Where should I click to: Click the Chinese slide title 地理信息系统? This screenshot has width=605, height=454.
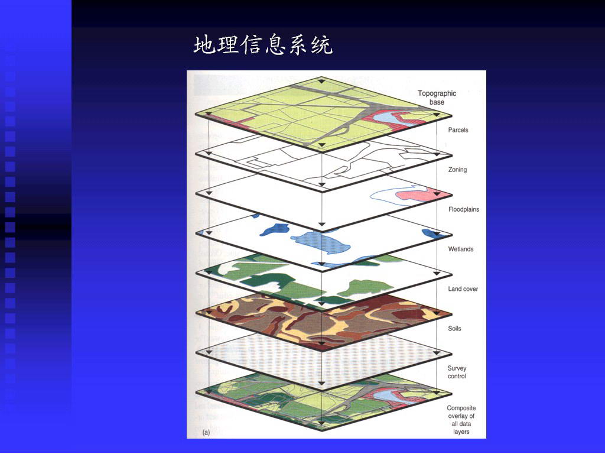(263, 45)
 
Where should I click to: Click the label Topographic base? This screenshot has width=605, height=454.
(437, 98)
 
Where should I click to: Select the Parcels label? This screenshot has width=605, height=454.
(458, 130)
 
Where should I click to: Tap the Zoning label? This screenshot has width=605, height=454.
(457, 170)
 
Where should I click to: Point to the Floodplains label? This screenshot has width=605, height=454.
(463, 209)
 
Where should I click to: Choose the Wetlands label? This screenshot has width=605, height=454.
(461, 249)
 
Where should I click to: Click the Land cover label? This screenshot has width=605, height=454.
(463, 288)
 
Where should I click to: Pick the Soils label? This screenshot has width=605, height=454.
(454, 329)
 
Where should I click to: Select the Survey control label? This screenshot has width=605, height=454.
(457, 372)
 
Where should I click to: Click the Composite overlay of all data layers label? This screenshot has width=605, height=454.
(461, 420)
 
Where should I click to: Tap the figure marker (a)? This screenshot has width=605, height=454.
(206, 432)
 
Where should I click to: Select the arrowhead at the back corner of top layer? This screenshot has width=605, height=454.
(321, 80)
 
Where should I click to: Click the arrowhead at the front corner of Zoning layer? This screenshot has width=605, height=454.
(322, 224)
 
